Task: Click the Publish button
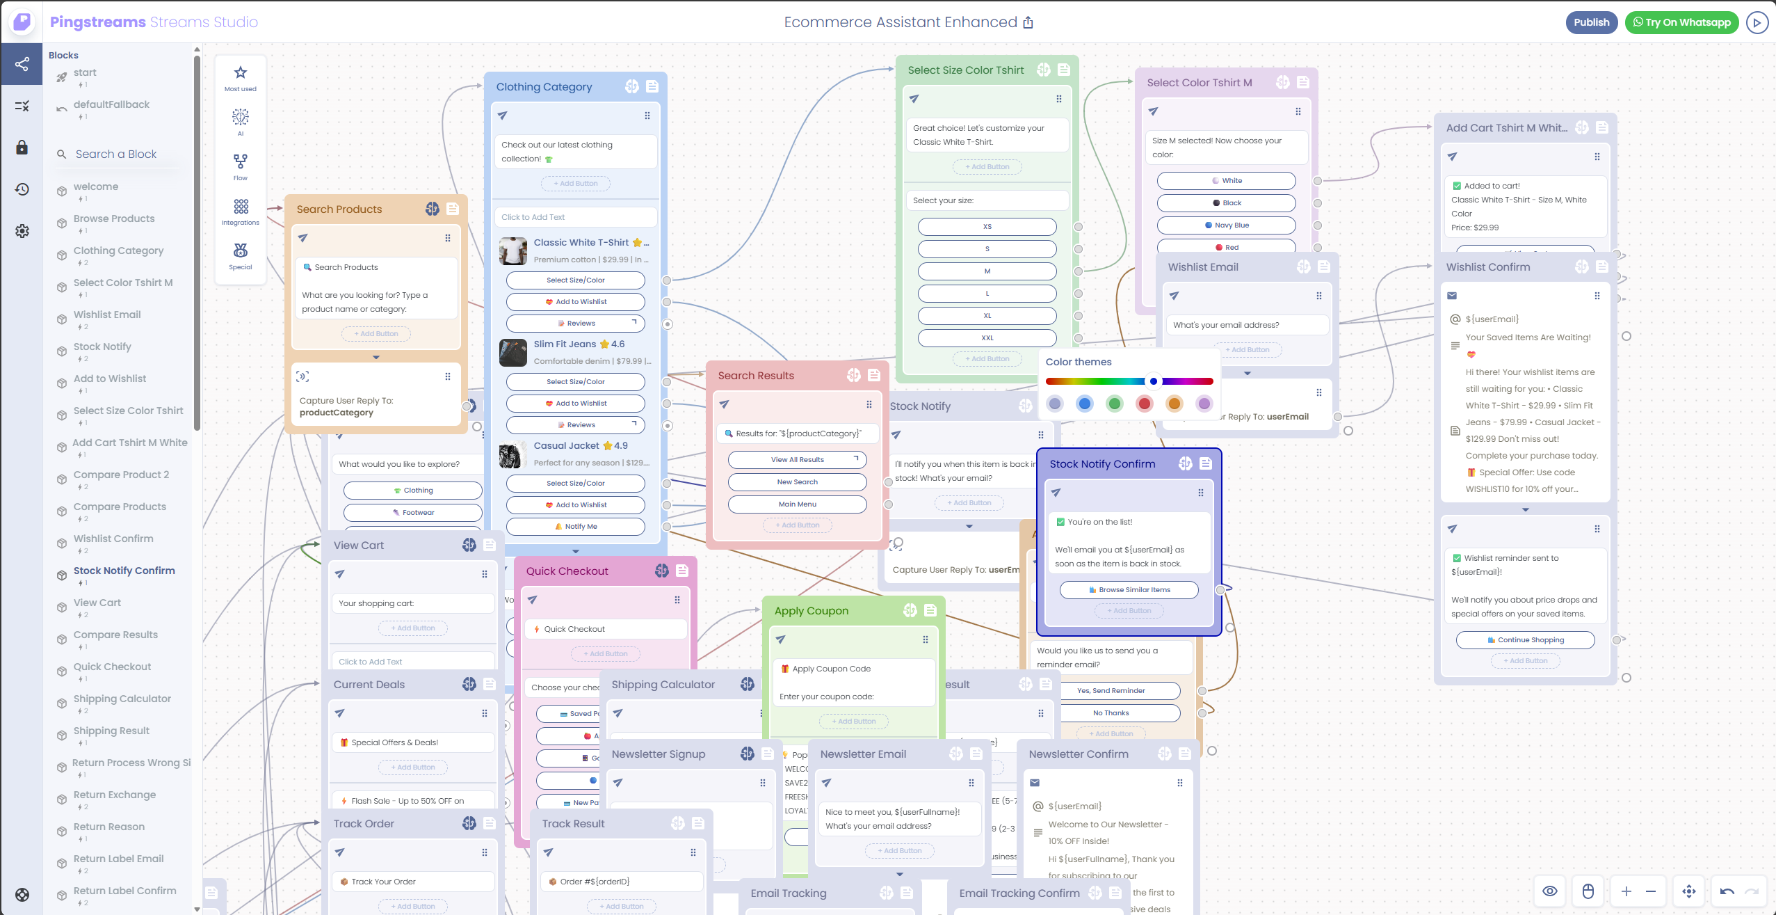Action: [1591, 22]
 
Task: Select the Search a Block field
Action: [116, 154]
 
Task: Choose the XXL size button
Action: [987, 338]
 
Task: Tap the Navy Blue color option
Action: [1226, 225]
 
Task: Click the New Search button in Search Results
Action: [797, 482]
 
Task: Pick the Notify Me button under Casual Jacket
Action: [575, 527]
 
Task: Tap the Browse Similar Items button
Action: [1129, 590]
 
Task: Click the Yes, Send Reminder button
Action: [1111, 691]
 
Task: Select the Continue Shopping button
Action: [1525, 640]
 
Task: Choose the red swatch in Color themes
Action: [1144, 404]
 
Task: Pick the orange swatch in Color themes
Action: [1174, 404]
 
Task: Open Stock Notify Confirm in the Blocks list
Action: [124, 571]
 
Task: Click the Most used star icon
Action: [241, 73]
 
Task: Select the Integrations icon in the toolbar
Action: [241, 207]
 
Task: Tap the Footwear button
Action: [412, 513]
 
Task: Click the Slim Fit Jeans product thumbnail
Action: [513, 353]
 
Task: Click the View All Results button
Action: [797, 460]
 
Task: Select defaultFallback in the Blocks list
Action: [111, 104]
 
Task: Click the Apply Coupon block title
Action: [811, 611]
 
